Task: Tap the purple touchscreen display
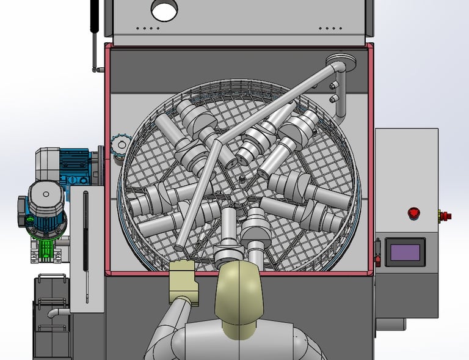(x=405, y=252)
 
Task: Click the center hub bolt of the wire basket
(x=242, y=178)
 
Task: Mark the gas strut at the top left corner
(x=94, y=31)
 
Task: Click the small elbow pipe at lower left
(x=56, y=314)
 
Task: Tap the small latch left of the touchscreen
(x=377, y=251)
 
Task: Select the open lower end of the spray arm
(x=180, y=249)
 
